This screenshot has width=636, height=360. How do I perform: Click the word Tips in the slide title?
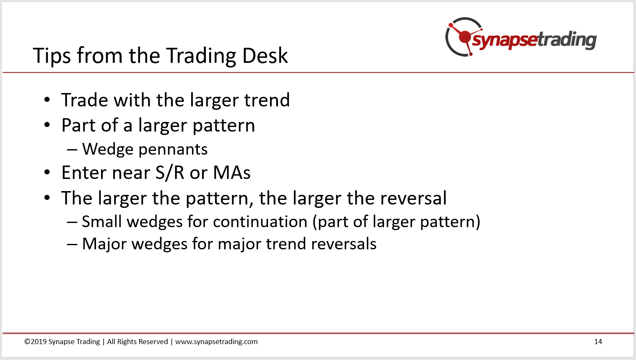(x=52, y=56)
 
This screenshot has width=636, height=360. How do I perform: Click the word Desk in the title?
(x=265, y=55)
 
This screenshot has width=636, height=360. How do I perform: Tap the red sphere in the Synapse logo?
(x=465, y=37)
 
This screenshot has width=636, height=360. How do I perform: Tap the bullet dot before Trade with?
(x=47, y=100)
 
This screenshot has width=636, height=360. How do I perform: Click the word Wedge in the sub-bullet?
(x=108, y=150)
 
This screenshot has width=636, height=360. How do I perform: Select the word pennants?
(x=173, y=150)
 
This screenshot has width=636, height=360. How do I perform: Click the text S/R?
(x=170, y=173)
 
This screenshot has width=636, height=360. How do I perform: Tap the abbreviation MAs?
(x=232, y=173)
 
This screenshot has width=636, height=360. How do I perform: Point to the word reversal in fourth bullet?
(x=413, y=198)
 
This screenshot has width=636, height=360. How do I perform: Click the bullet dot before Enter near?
(x=47, y=172)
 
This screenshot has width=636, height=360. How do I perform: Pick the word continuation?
(x=260, y=221)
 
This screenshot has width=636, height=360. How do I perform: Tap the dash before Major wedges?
(x=72, y=244)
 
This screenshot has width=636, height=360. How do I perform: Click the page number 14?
(x=598, y=342)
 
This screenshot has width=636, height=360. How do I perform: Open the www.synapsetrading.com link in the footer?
(x=216, y=342)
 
